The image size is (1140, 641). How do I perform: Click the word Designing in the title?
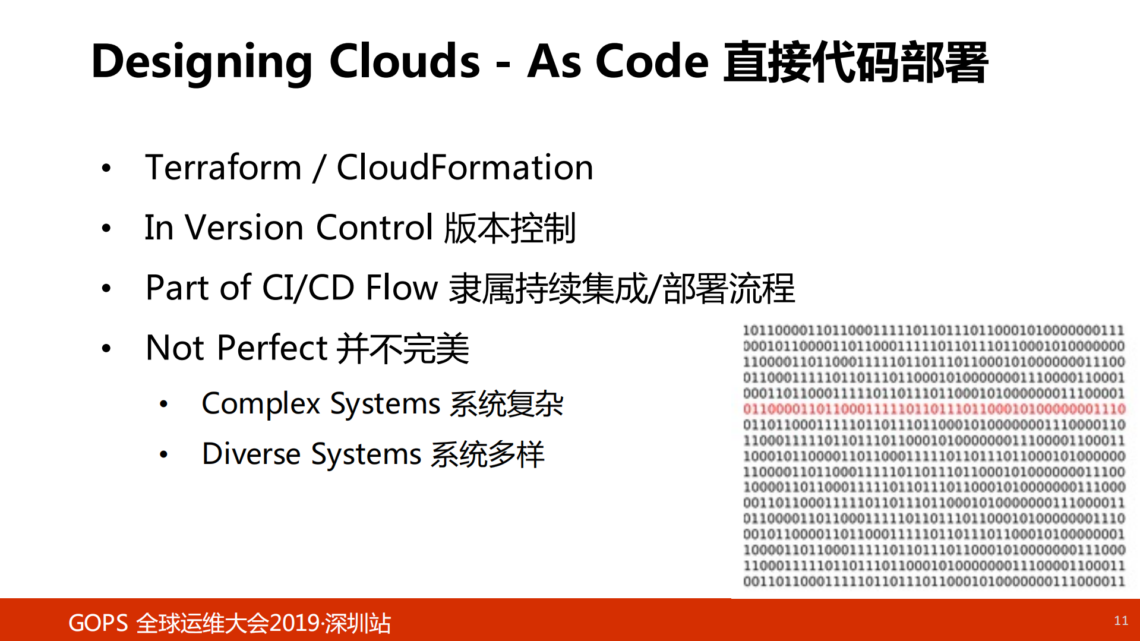pyautogui.click(x=201, y=62)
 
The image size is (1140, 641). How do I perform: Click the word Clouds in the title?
pyautogui.click(x=404, y=61)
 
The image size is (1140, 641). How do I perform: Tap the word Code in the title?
pyautogui.click(x=652, y=61)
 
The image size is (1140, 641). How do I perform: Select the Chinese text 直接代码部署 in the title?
pyautogui.click(x=855, y=62)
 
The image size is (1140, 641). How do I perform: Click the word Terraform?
pyautogui.click(x=224, y=168)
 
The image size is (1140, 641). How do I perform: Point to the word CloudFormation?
pyautogui.click(x=465, y=168)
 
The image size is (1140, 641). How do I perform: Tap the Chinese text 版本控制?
pyautogui.click(x=510, y=228)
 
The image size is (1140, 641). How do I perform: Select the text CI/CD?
pyautogui.click(x=308, y=288)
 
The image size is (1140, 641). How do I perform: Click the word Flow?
pyautogui.click(x=402, y=288)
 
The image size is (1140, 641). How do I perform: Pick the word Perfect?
pyautogui.click(x=272, y=348)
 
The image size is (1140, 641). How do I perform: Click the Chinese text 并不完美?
pyautogui.click(x=403, y=349)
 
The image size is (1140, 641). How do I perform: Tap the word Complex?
pyautogui.click(x=261, y=404)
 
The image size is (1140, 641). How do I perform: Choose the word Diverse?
pyautogui.click(x=251, y=454)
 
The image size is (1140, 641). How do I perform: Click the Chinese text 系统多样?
pyautogui.click(x=487, y=455)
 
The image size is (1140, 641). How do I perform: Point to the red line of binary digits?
pyautogui.click(x=934, y=409)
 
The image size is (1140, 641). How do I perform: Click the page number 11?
pyautogui.click(x=1120, y=621)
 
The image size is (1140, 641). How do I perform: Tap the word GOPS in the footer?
pyautogui.click(x=98, y=623)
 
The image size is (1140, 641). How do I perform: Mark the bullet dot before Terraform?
pyautogui.click(x=106, y=168)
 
